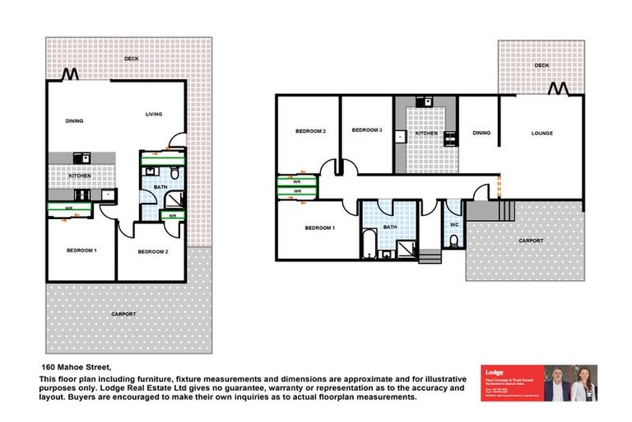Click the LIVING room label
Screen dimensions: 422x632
pos(154,115)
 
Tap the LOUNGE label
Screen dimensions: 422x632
pos(541,133)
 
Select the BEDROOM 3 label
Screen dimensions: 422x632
pos(367,130)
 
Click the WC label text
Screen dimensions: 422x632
pos(453,224)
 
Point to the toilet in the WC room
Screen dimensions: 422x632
pos(453,241)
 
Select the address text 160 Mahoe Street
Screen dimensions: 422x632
pos(76,366)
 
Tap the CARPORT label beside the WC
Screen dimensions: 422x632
pos(531,240)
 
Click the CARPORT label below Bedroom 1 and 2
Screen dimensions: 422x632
pos(123,315)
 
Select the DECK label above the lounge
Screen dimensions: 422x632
pos(541,64)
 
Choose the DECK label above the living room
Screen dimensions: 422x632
pos(132,59)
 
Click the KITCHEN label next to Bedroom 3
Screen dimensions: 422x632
pos(425,133)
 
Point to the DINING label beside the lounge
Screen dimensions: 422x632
pos(482,133)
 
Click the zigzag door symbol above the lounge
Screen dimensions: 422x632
pos(559,88)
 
